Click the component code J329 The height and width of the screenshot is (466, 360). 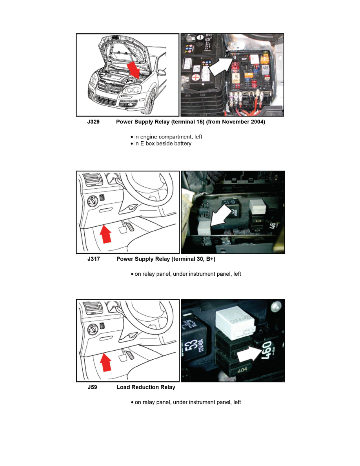(x=93, y=122)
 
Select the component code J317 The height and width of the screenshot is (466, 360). (x=93, y=259)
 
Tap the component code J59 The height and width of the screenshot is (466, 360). (x=92, y=387)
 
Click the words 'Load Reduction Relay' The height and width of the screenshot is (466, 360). (x=146, y=387)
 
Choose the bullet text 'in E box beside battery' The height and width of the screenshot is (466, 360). (x=163, y=144)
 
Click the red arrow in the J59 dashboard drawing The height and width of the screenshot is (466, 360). (x=106, y=362)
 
